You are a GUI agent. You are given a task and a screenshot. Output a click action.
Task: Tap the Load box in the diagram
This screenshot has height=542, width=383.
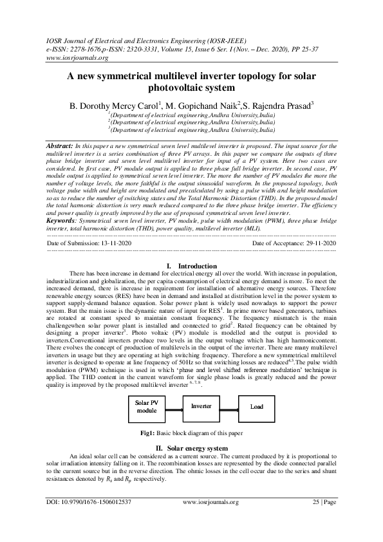(x=256, y=407)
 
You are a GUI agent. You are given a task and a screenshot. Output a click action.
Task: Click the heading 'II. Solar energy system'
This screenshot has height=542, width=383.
(x=191, y=447)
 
